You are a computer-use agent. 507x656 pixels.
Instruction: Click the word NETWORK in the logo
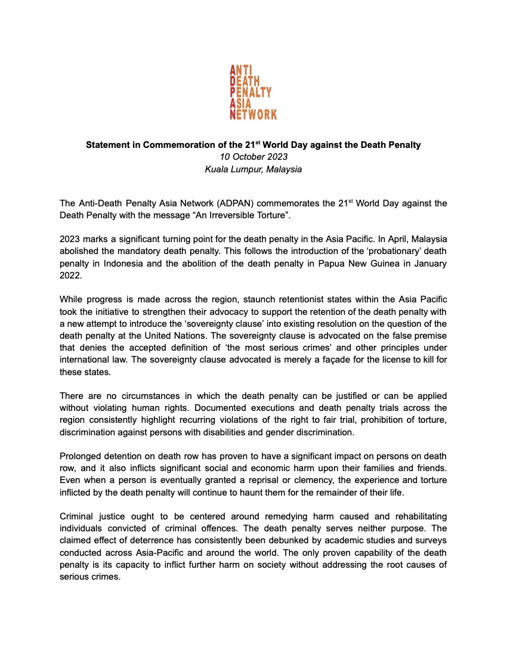tap(253, 114)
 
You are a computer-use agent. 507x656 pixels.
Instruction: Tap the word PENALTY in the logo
tap(251, 92)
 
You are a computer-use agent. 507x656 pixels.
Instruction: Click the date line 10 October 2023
tap(253, 157)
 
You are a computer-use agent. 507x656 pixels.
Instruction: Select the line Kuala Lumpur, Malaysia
tap(253, 169)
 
